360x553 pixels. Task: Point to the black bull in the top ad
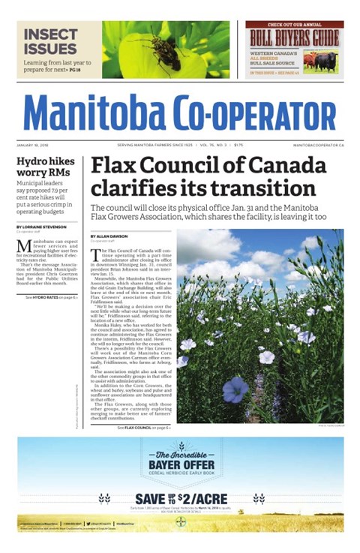click(x=330, y=59)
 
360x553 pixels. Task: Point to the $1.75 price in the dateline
click(x=238, y=144)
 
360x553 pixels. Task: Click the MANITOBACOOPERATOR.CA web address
click(x=318, y=144)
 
